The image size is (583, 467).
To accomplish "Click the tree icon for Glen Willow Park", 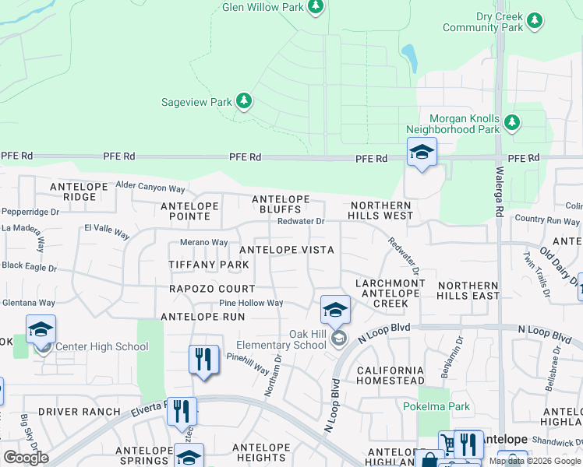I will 315,8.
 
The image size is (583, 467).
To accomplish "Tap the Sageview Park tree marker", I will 244,101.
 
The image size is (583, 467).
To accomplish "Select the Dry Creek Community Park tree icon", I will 535,19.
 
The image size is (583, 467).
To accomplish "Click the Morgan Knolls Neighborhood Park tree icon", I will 511,122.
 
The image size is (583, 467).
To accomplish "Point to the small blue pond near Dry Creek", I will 408,55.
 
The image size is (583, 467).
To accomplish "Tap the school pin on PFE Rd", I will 421,153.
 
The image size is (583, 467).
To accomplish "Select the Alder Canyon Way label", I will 150,188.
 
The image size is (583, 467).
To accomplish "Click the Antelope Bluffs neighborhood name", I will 281,205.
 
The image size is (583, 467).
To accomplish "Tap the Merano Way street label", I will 203,243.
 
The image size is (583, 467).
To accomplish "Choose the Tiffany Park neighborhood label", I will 209,265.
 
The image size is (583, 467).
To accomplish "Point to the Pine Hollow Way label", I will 251,303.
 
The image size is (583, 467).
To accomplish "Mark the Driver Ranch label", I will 79,411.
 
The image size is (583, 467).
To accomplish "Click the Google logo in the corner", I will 26,458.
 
